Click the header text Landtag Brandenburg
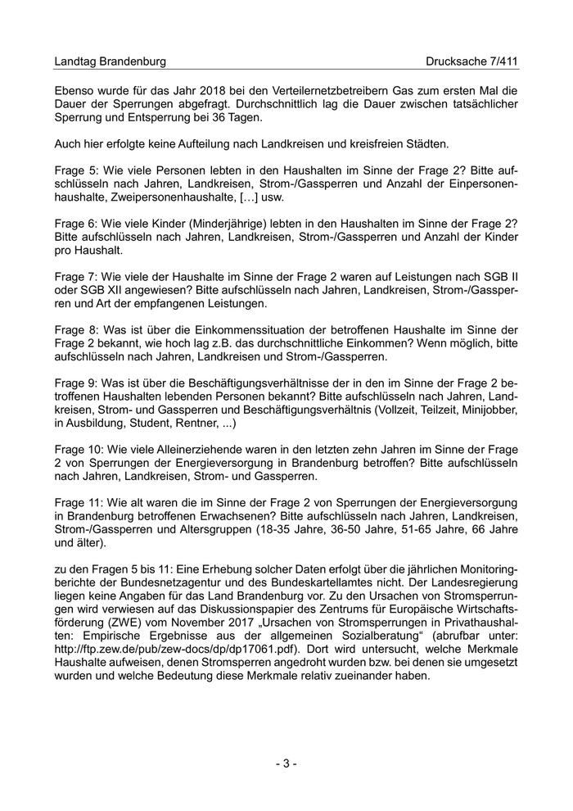coord(110,61)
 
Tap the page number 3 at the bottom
coord(286,763)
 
